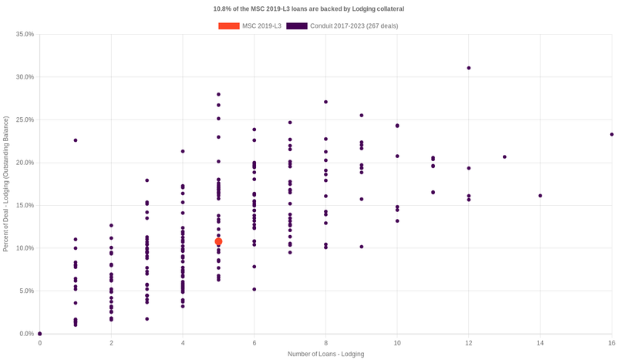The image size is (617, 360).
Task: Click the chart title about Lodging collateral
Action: pos(308,8)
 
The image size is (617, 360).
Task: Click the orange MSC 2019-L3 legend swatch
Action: pos(228,26)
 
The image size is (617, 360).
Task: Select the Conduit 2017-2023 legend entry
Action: pos(340,26)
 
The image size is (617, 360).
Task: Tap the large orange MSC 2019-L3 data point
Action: pos(218,242)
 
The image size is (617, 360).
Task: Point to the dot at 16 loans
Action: pos(612,134)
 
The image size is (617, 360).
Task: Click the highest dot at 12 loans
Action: pos(469,68)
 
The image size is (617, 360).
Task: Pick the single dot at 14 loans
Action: pos(540,196)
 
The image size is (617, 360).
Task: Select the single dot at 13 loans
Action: pos(504,156)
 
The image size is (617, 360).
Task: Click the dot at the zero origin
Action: pos(40,334)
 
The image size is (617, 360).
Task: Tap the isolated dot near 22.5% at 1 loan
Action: pos(76,140)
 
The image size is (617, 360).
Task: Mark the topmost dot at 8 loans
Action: pos(325,102)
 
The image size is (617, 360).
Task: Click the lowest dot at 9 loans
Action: pos(362,247)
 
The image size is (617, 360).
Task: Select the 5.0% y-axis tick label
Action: pos(26,291)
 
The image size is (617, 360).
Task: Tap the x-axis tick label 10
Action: pos(397,342)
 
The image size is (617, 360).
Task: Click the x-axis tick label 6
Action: pos(255,342)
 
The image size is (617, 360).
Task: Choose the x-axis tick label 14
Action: pos(540,342)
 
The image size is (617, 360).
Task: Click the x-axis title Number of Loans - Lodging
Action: pos(325,354)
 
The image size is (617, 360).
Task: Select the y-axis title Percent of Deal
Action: pos(6,183)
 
